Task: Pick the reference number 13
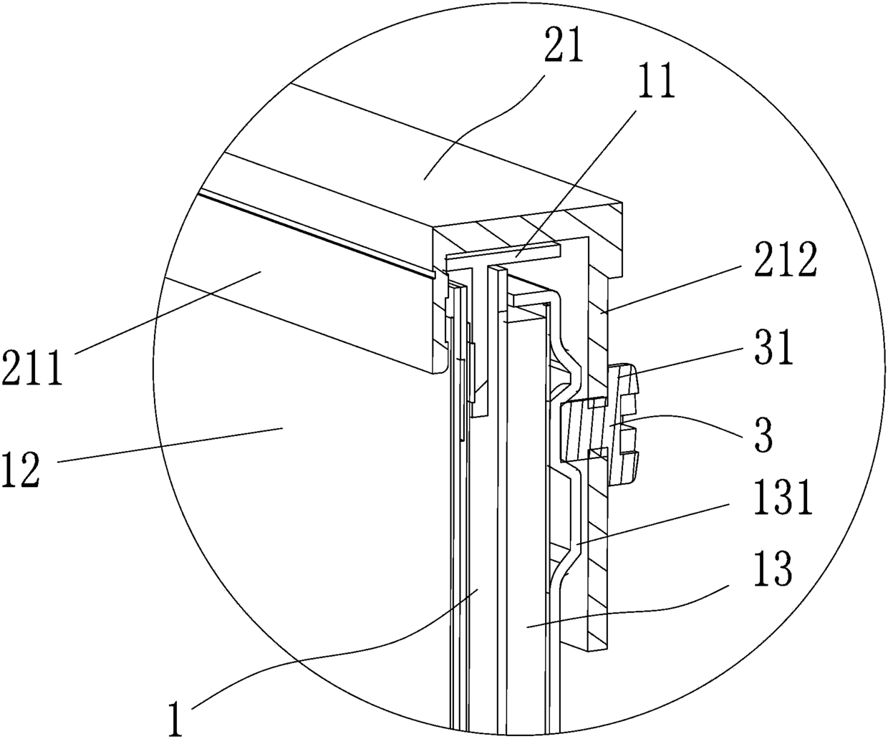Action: (773, 569)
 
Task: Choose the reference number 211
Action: (33, 366)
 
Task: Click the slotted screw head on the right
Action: (623, 424)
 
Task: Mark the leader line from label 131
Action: (652, 524)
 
